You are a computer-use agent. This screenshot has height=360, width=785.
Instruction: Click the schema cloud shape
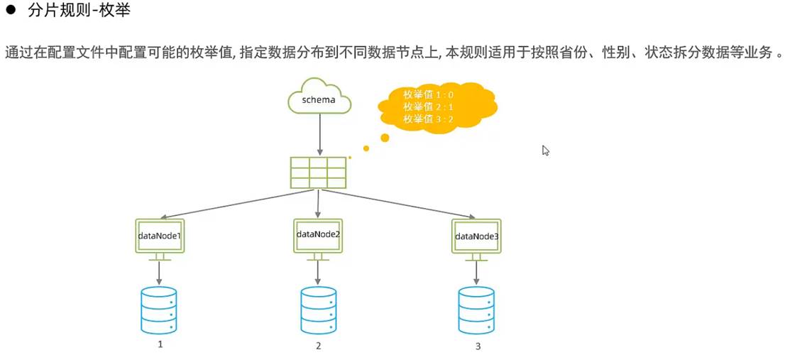click(x=319, y=99)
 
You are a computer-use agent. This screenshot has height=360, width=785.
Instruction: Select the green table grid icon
click(x=318, y=173)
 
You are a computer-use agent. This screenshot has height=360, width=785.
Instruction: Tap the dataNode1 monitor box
click(x=160, y=235)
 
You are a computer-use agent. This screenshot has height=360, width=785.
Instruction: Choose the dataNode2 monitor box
click(x=318, y=234)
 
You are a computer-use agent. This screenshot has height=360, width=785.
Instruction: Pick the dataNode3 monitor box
click(x=476, y=236)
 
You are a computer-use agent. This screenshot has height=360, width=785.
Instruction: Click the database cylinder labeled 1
click(x=160, y=310)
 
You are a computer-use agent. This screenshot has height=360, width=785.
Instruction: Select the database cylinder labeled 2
click(x=318, y=310)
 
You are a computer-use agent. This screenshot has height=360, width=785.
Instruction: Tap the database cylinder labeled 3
click(x=476, y=310)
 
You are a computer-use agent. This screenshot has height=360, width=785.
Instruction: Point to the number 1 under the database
click(x=160, y=344)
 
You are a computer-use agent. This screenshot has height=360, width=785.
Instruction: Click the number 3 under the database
click(x=478, y=347)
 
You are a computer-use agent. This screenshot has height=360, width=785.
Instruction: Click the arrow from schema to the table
click(x=319, y=135)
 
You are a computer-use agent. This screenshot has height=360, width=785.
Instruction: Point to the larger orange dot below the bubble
click(x=385, y=137)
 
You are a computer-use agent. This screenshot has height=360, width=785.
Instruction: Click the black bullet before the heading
click(x=11, y=12)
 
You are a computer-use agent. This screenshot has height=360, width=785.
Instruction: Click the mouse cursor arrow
click(x=546, y=151)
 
